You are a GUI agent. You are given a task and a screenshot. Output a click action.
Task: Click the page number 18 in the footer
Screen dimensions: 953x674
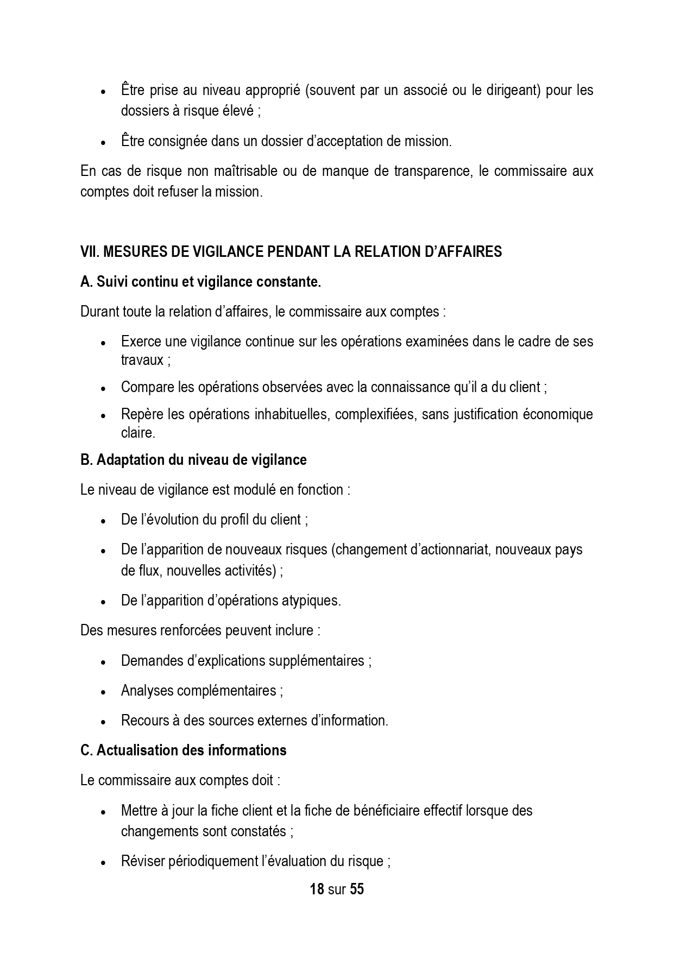pyautogui.click(x=317, y=889)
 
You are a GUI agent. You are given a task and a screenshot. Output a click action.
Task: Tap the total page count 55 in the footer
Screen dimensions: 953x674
pyautogui.click(x=357, y=889)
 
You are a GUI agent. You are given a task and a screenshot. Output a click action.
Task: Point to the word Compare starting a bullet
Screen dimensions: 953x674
pyautogui.click(x=143, y=388)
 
